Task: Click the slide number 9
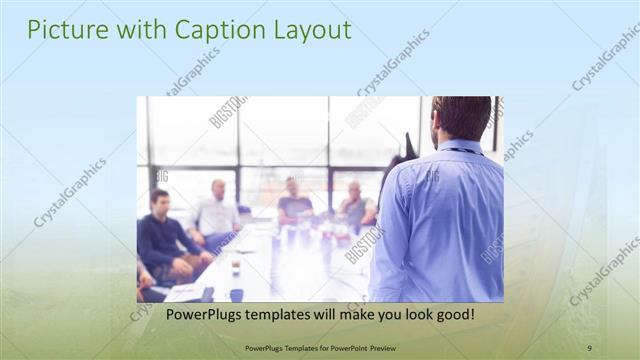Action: (590, 348)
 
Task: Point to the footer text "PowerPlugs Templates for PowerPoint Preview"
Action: (319, 348)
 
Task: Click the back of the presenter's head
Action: (463, 116)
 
